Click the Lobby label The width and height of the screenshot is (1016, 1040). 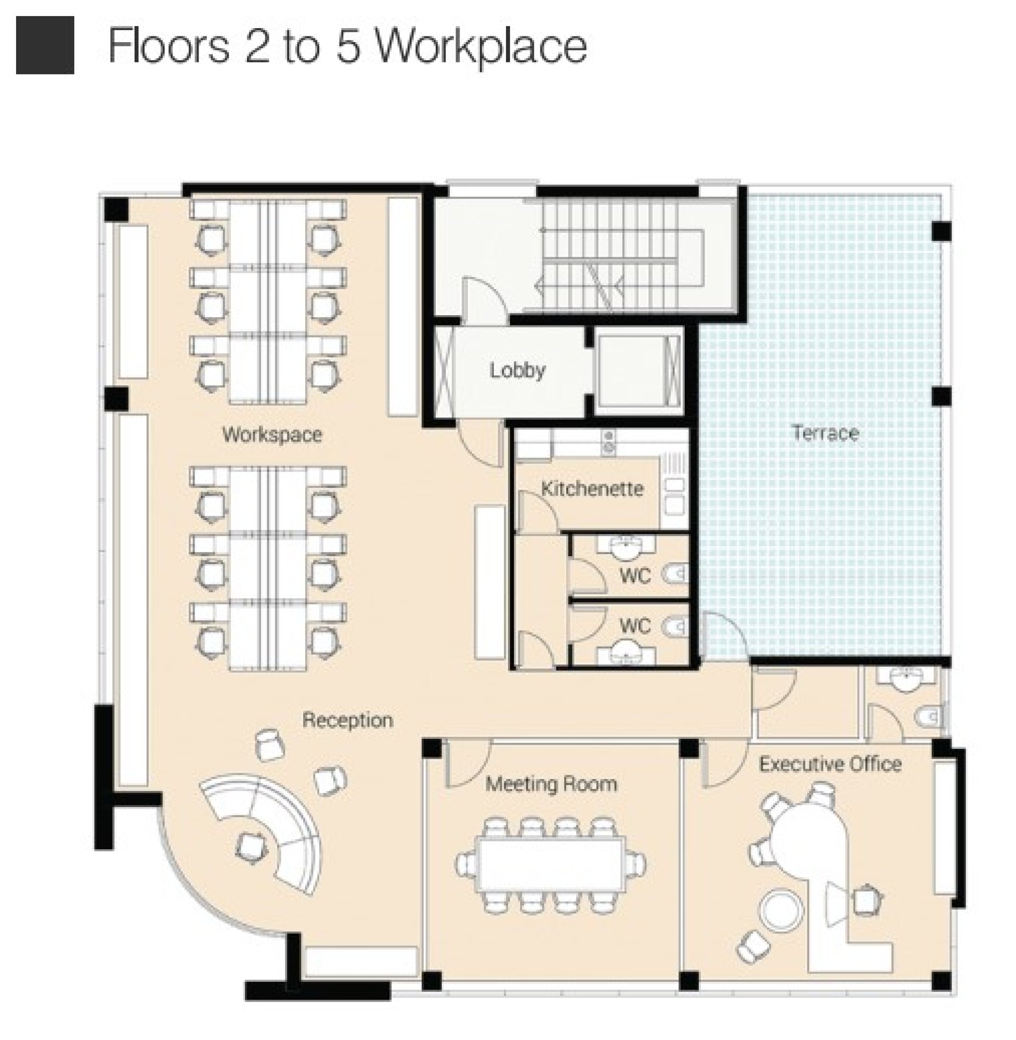click(517, 370)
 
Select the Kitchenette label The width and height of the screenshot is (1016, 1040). click(592, 489)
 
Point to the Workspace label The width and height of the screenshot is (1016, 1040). click(272, 435)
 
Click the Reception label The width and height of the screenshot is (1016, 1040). click(348, 720)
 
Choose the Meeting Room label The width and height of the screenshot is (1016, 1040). click(551, 784)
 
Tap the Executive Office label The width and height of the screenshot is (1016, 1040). click(830, 764)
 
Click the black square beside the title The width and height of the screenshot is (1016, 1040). click(45, 45)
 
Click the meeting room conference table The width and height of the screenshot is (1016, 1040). click(551, 865)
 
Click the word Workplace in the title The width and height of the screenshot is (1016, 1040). click(481, 47)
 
